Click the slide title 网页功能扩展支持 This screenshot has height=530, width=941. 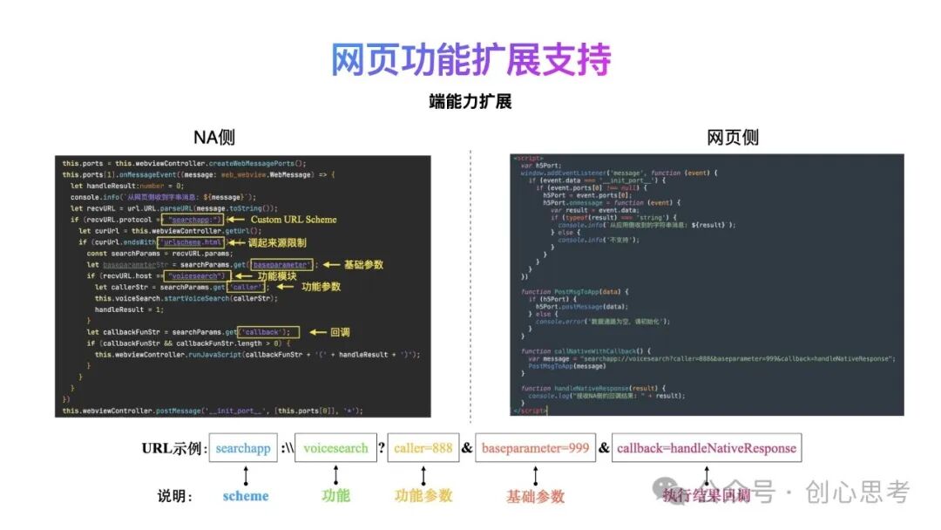pos(470,58)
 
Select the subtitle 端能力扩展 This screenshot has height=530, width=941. pos(470,101)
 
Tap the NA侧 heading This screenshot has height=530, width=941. pos(214,137)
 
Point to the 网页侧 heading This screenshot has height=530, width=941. pos(732,137)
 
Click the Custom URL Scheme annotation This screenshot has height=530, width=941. pos(294,220)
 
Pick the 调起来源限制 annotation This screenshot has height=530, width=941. pos(277,242)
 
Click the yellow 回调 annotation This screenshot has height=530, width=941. pos(340,332)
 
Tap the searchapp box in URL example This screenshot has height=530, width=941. pos(243,448)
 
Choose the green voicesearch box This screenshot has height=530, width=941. pos(335,448)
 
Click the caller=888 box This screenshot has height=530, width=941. pos(423,448)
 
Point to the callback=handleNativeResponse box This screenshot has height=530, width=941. pos(706,448)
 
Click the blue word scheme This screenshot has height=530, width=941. pos(246,495)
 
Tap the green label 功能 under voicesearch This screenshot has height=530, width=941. pos(335,495)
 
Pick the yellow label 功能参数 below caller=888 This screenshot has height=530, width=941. pos(423,495)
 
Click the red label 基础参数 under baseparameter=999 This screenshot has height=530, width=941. pos(536,496)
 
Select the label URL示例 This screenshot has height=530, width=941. pos(173,449)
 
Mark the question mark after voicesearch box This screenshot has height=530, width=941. pos(381,448)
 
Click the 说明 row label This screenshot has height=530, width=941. pos(174,496)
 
